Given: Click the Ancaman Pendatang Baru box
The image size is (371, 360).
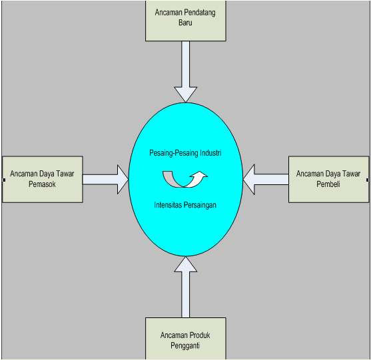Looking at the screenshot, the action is click(x=185, y=21).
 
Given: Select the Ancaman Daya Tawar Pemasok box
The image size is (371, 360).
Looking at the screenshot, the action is click(x=43, y=179).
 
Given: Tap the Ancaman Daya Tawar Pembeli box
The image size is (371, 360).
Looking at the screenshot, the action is click(x=328, y=179).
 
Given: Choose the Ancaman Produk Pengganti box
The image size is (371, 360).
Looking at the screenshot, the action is click(x=185, y=339).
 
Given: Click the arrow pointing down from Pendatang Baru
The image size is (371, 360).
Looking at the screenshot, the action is click(x=185, y=72).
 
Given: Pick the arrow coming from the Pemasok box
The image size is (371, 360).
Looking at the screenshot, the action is click(x=105, y=180).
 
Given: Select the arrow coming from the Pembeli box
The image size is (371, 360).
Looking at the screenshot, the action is click(x=266, y=180).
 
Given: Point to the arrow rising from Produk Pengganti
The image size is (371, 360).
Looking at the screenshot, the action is click(x=185, y=287).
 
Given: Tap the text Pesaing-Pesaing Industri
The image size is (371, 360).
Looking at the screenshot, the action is click(x=185, y=153).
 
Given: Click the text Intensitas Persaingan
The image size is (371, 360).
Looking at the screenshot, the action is click(x=185, y=205).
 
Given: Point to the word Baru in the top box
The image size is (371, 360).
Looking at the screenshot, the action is click(x=185, y=23).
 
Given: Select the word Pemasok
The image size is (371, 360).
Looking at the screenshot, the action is click(x=42, y=184).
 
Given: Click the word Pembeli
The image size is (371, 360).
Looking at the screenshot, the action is click(x=328, y=184).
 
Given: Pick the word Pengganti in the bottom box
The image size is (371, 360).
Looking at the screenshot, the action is click(x=185, y=345).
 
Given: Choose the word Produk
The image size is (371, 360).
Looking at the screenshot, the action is click(x=198, y=335).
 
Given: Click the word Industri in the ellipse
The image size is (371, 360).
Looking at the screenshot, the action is click(x=210, y=153).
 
